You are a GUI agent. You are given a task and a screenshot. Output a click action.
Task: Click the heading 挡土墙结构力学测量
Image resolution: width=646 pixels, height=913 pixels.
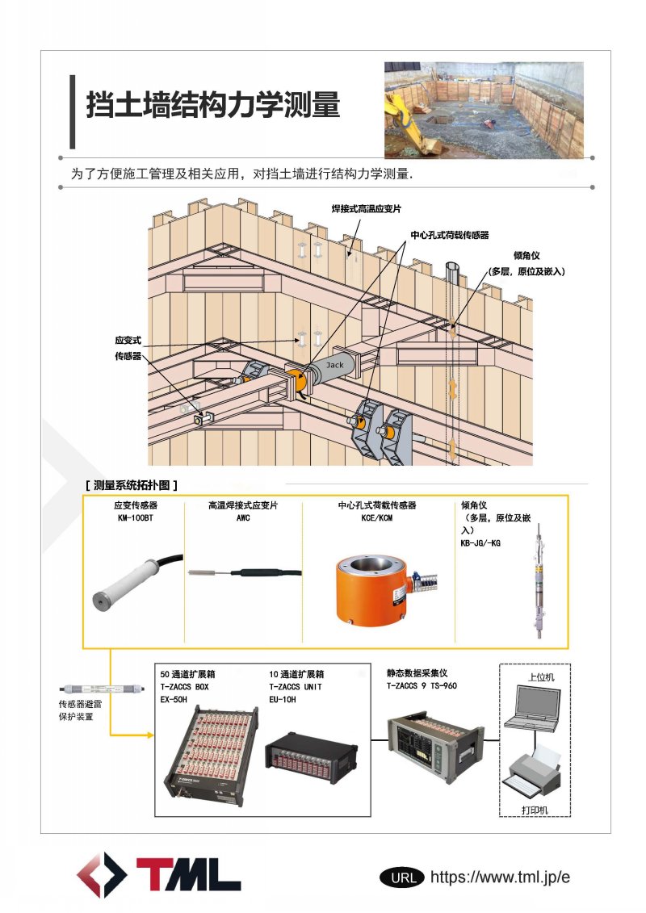point(213,105)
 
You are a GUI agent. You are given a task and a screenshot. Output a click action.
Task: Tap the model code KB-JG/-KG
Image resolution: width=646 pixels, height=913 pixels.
point(480,543)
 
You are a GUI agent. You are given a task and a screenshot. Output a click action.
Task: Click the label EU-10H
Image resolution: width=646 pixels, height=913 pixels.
point(283,699)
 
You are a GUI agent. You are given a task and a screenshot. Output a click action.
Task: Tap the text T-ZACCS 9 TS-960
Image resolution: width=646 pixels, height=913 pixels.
point(422,686)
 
